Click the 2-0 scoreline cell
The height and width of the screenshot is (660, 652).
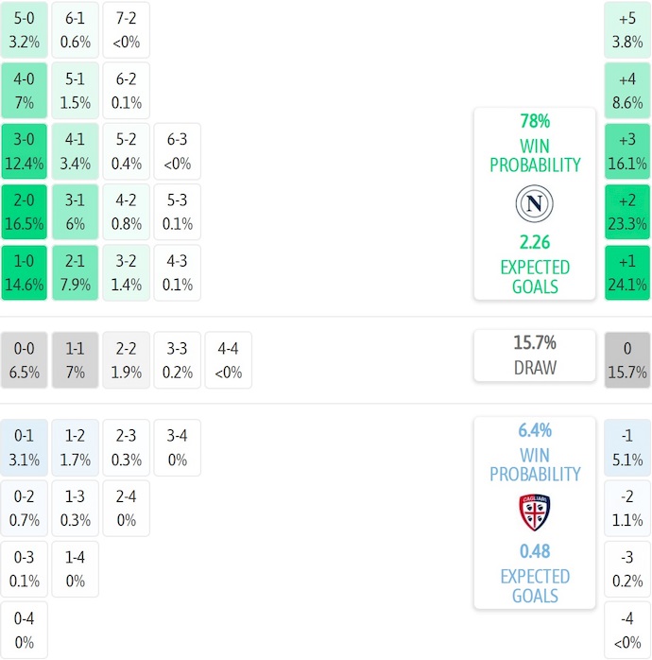25,213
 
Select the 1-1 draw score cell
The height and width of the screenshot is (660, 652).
76,360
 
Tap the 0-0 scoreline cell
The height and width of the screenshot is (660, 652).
25,360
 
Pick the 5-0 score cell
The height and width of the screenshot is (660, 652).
25,30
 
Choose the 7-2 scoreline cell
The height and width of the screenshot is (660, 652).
127,30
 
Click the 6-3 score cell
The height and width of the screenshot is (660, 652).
178,151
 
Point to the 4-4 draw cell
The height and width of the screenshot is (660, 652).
229,360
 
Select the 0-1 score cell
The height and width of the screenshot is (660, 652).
25,448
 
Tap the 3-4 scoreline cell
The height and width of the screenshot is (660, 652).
178,448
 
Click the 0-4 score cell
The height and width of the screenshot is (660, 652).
25,631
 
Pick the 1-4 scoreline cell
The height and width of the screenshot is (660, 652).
76,569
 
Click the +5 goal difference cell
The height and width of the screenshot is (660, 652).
627,30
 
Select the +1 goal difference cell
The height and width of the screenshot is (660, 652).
627,273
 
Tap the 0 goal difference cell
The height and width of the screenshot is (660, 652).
627,360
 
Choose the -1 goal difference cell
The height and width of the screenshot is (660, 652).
627,448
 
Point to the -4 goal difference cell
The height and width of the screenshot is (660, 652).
627,631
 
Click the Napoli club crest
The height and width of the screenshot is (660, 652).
535,203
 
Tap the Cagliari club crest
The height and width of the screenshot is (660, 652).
535,512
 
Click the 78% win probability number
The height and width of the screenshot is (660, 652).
535,122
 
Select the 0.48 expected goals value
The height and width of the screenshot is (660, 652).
535,551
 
